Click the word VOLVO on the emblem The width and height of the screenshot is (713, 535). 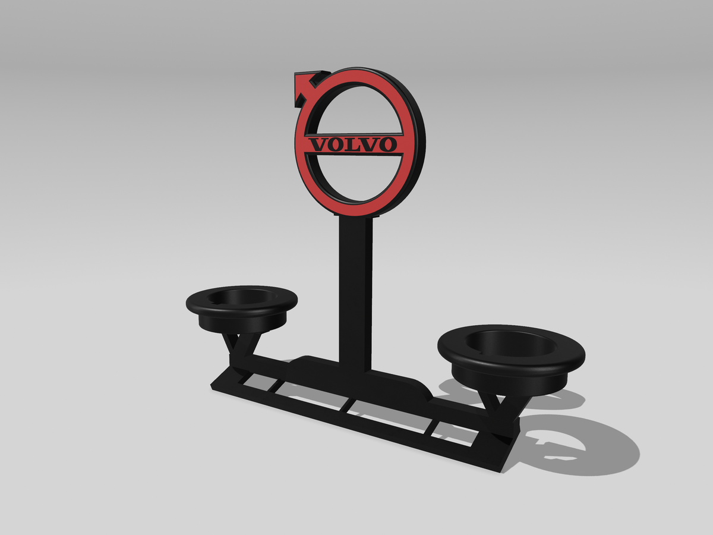pyautogui.click(x=353, y=144)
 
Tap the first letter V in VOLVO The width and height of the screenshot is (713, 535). pyautogui.click(x=317, y=145)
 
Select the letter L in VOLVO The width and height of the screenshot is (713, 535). pyautogui.click(x=352, y=144)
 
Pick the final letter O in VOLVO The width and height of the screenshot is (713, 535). pyautogui.click(x=387, y=144)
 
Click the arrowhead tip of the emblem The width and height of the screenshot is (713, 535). pyautogui.click(x=295, y=74)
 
